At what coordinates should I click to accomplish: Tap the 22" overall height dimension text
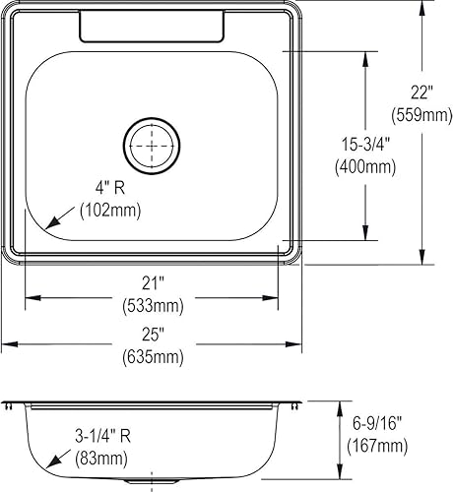(422, 92)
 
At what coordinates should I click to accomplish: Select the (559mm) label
(421, 115)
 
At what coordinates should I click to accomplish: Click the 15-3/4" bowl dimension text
(365, 145)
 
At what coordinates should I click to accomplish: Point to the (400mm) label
(365, 166)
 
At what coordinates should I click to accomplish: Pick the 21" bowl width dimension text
(153, 283)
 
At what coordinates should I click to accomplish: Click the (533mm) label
(153, 306)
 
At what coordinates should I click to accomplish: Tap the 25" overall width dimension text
(153, 335)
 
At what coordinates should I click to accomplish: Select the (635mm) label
(153, 356)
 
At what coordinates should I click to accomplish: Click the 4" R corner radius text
(110, 188)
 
